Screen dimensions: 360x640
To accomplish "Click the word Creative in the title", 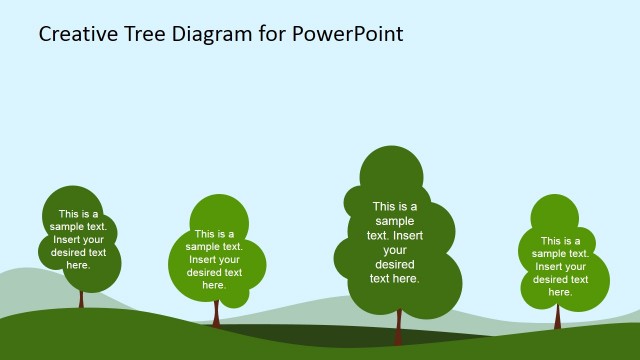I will (x=79, y=34).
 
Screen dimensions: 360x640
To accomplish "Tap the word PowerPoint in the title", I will (x=348, y=34).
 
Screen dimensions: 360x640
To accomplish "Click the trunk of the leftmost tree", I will (x=81, y=298).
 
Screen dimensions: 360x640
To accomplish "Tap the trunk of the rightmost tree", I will (x=558, y=317).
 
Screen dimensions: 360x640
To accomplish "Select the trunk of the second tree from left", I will (x=215, y=311).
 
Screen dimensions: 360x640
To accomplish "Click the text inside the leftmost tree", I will (x=78, y=239).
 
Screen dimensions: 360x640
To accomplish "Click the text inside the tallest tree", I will (x=395, y=243).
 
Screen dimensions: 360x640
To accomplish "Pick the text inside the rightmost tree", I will (x=560, y=266).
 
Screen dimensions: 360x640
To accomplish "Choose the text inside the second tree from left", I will (x=214, y=259).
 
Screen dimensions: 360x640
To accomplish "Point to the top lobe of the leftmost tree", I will (x=72, y=201).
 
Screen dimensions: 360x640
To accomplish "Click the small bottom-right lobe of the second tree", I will (x=235, y=295).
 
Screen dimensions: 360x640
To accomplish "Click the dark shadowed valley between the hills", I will (x=300, y=335).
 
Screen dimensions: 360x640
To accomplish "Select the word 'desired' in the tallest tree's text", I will (x=394, y=264).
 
